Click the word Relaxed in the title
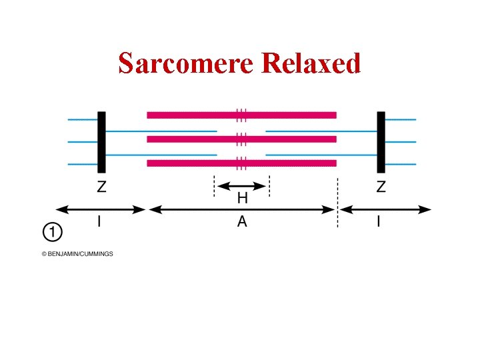pos(311,63)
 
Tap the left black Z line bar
pos(101,141)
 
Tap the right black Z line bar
pos(381,141)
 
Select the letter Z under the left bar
pos(101,187)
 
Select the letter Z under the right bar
pos(381,187)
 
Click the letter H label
pos(242,198)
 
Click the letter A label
pos(242,222)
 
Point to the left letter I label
pos(100,222)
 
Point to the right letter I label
pos(379,222)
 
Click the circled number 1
pos(53,233)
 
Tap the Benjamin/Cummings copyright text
pos(77,254)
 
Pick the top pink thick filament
pos(241,115)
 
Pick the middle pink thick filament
pos(241,139)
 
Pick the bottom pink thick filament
pos(241,163)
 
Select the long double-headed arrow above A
pos(242,209)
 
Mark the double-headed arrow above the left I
pos(100,209)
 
